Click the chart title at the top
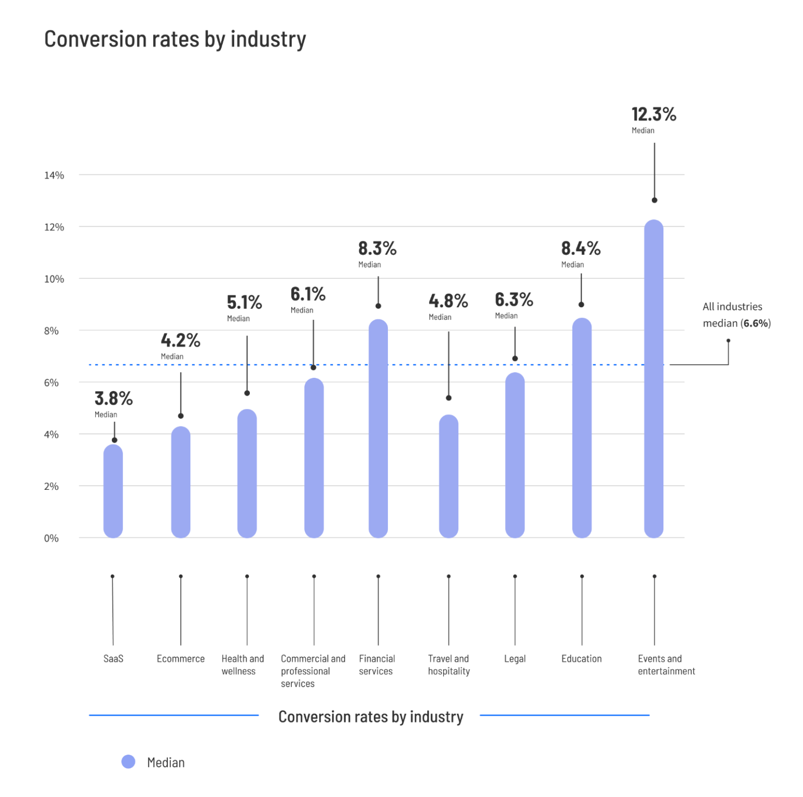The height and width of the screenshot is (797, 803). tap(175, 40)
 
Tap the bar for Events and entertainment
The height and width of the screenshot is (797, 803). tap(653, 379)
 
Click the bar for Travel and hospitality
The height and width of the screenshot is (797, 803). tap(449, 476)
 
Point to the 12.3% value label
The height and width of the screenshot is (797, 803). tap(653, 114)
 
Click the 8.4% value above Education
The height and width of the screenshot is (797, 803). tap(581, 248)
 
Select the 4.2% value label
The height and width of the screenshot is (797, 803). tap(180, 341)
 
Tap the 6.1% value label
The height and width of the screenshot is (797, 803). tap(308, 294)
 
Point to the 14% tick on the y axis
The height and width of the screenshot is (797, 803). tap(54, 175)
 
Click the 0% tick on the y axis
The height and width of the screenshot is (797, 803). tap(51, 538)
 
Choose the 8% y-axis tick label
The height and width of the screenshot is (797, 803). tap(51, 331)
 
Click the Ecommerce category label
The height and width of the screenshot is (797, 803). tap(180, 659)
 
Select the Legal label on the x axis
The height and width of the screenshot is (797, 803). tap(514, 659)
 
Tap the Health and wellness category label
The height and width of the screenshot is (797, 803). tap(243, 665)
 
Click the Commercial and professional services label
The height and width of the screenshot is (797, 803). tap(313, 671)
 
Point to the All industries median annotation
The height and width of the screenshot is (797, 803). tap(736, 315)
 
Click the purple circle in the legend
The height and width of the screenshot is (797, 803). tap(128, 762)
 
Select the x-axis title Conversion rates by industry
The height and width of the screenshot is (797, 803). tap(371, 716)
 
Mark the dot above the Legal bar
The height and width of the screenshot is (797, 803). tap(515, 358)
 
